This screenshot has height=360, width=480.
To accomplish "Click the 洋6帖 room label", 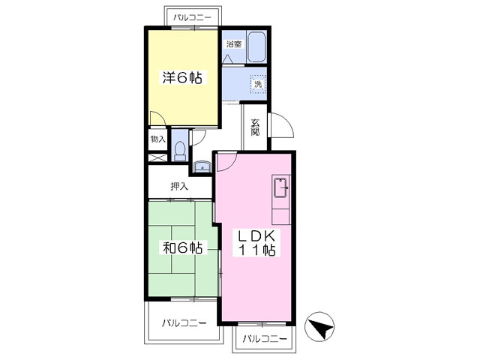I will point(183,77).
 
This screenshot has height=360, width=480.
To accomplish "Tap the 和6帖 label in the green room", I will point(183,248).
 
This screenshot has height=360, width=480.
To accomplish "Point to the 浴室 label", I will point(234,44).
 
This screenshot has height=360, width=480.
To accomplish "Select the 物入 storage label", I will point(157,139).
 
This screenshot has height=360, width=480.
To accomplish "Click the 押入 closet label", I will point(180,187).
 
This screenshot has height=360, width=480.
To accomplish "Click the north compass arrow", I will point(321,328).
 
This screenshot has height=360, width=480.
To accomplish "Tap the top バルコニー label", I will point(192,16).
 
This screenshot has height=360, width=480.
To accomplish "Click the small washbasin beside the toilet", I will point(201,166).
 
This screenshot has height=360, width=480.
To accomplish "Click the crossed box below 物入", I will point(157,158).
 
